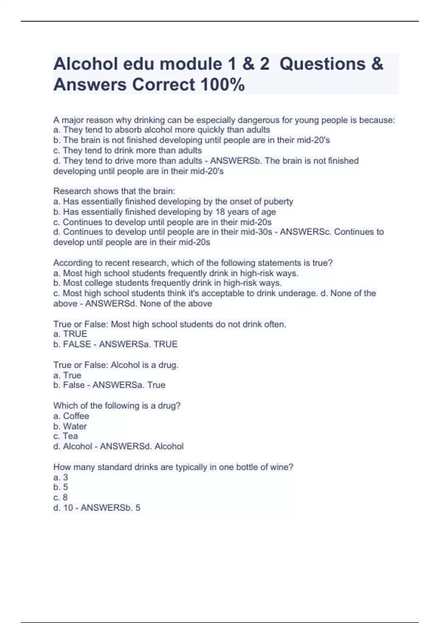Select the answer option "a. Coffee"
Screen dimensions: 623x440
point(71,416)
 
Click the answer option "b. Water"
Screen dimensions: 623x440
point(70,426)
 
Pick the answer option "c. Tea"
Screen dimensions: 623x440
point(66,436)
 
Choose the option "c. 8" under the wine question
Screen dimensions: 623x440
point(60,497)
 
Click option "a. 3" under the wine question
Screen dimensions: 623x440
point(60,477)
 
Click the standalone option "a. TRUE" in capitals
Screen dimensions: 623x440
point(70,334)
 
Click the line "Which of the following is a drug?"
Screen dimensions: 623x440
point(117,406)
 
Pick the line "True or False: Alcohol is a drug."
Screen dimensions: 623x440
point(116,365)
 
